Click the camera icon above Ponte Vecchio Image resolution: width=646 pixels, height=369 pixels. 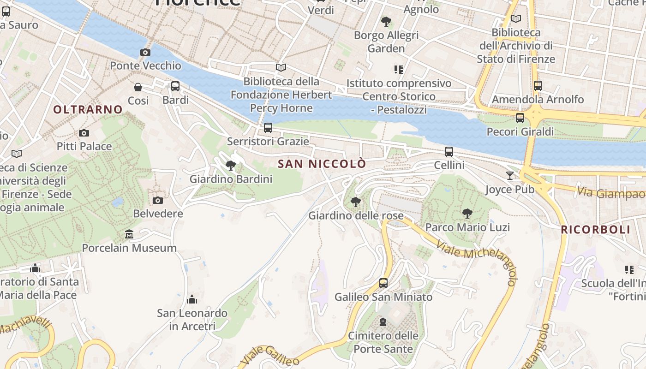pyautogui.click(x=145, y=52)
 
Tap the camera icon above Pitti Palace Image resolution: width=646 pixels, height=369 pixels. pyautogui.click(x=84, y=133)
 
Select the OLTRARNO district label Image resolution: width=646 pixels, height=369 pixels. pyautogui.click(x=88, y=109)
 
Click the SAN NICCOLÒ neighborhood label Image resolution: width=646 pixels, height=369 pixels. pyautogui.click(x=322, y=164)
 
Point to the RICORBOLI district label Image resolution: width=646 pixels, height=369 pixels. pyautogui.click(x=595, y=230)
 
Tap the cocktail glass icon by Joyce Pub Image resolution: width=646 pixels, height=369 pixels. pyautogui.click(x=509, y=175)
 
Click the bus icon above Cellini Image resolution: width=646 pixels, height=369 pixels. pyautogui.click(x=449, y=151)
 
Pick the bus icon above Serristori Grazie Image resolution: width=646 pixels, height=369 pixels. pyautogui.click(x=268, y=127)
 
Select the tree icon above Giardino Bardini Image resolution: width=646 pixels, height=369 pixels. pyautogui.click(x=231, y=165)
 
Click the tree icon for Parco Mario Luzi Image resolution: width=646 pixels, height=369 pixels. pyautogui.click(x=467, y=213)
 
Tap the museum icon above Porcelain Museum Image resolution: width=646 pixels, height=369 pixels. pyautogui.click(x=129, y=234)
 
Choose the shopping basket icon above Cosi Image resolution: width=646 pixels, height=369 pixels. pyautogui.click(x=138, y=87)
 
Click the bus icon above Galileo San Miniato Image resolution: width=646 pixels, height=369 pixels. pyautogui.click(x=383, y=283)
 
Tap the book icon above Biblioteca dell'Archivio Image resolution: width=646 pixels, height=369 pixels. pyautogui.click(x=516, y=19)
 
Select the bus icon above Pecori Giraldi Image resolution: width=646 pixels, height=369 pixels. pyautogui.click(x=520, y=118)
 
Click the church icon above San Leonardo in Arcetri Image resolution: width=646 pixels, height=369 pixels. pyautogui.click(x=192, y=300)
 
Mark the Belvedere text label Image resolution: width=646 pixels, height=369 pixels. pyautogui.click(x=158, y=214)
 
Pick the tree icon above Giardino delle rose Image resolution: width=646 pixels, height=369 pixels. pyautogui.click(x=355, y=202)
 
